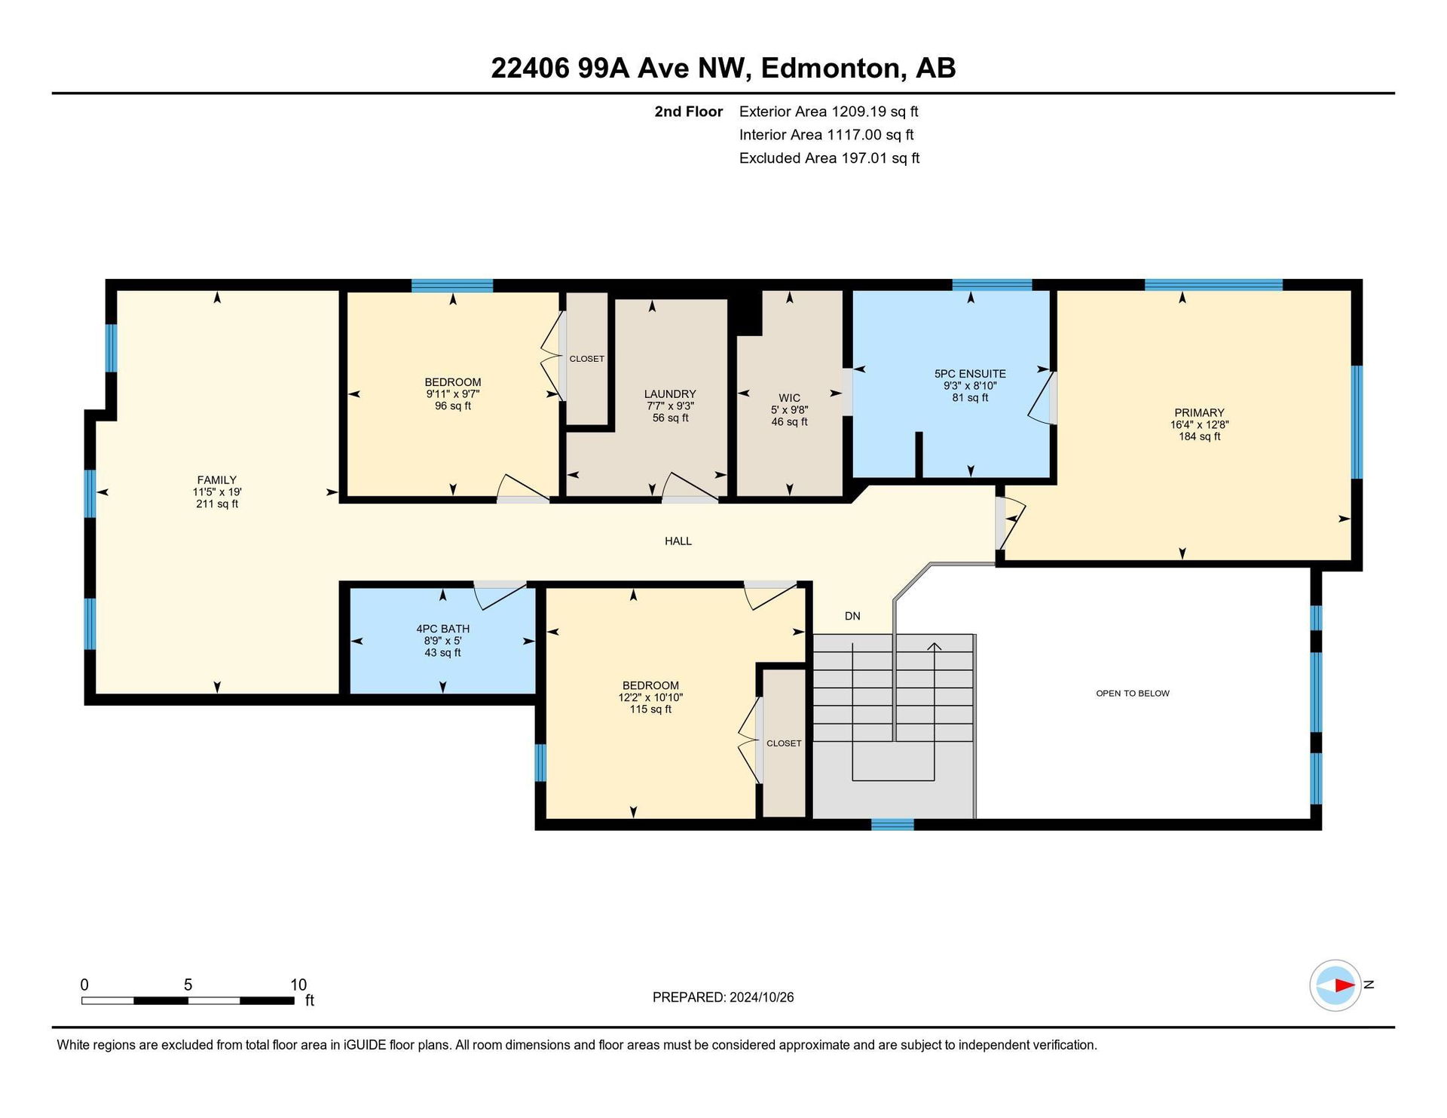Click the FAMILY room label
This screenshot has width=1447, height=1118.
pyautogui.click(x=217, y=480)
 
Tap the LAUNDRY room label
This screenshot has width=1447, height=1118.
pyautogui.click(x=670, y=394)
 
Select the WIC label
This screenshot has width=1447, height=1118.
pyautogui.click(x=790, y=398)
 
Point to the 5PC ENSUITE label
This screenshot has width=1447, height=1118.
pyautogui.click(x=970, y=374)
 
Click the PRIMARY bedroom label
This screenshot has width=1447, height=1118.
pyautogui.click(x=1199, y=413)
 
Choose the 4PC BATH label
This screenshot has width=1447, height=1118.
pyautogui.click(x=443, y=629)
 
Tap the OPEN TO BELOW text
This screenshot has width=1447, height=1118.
pyautogui.click(x=1133, y=694)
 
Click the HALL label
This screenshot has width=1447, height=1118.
pyautogui.click(x=678, y=541)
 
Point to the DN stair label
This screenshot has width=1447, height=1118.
pyautogui.click(x=852, y=617)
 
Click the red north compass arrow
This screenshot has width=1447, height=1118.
pyautogui.click(x=1345, y=985)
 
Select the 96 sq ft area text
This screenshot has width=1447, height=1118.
pyautogui.click(x=453, y=406)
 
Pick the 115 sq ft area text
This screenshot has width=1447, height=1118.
pyautogui.click(x=650, y=709)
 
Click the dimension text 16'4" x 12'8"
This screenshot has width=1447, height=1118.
pyautogui.click(x=1199, y=425)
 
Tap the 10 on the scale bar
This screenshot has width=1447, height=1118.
pyautogui.click(x=298, y=985)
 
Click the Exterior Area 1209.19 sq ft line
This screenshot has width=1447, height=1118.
pyautogui.click(x=829, y=112)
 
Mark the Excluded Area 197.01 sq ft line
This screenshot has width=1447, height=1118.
pyautogui.click(x=830, y=158)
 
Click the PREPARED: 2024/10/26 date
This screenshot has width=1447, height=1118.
pyautogui.click(x=723, y=997)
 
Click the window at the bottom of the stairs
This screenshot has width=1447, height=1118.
pyautogui.click(x=892, y=825)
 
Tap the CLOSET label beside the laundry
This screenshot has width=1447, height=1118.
pyautogui.click(x=587, y=359)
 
